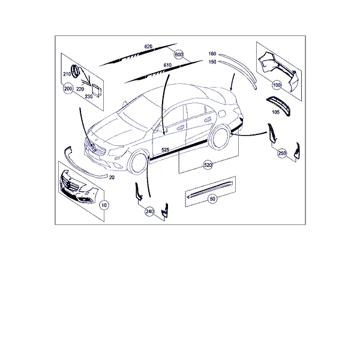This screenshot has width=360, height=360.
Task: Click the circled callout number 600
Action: [x=179, y=55]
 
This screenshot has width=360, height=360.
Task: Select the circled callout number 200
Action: [x=68, y=88]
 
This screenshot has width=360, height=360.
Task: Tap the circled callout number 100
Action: [x=277, y=85]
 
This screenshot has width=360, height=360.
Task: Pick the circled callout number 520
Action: [x=208, y=165]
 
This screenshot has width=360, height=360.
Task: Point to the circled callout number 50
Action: [x=212, y=199]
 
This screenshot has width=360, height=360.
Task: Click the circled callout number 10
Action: [x=104, y=205]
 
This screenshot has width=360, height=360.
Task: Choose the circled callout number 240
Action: [x=149, y=211]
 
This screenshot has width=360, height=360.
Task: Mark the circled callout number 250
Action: [x=282, y=153]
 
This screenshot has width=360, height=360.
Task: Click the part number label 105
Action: [x=275, y=112]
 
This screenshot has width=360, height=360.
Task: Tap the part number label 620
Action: [x=148, y=46]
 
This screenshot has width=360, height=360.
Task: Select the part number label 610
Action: [x=167, y=65]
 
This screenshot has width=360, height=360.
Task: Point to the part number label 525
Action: [x=166, y=150]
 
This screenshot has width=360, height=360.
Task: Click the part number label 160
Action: [x=212, y=54]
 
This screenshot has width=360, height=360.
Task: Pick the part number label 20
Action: [x=112, y=178]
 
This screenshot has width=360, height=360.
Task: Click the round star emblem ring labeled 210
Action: [x=75, y=71]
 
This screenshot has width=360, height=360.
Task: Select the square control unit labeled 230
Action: [x=97, y=90]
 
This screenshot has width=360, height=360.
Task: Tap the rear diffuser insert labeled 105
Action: [x=278, y=106]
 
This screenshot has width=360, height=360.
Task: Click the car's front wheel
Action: [x=138, y=162]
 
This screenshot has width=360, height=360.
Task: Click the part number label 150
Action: [x=212, y=62]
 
